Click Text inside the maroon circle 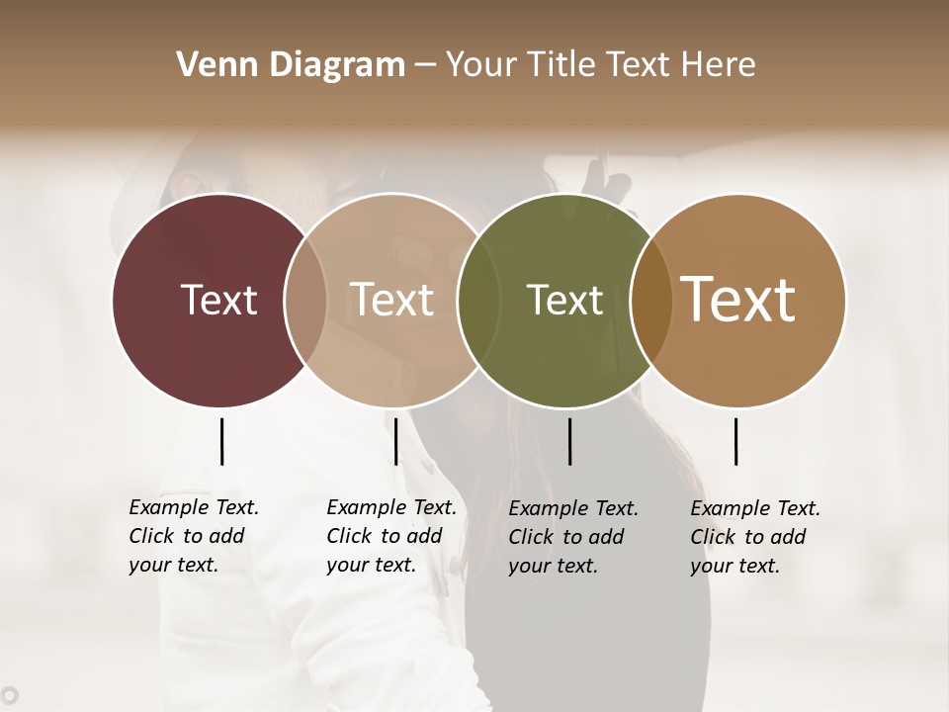pyautogui.click(x=218, y=300)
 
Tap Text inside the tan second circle pyautogui.click(x=391, y=300)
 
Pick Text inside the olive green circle pyautogui.click(x=564, y=300)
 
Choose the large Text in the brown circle pyautogui.click(x=738, y=300)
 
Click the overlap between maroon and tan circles pyautogui.click(x=305, y=300)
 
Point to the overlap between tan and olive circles pyautogui.click(x=478, y=300)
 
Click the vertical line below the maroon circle pyautogui.click(x=221, y=441)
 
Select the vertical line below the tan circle pyautogui.click(x=395, y=441)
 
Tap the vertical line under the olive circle pyautogui.click(x=569, y=441)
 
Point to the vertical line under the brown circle pyautogui.click(x=735, y=441)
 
